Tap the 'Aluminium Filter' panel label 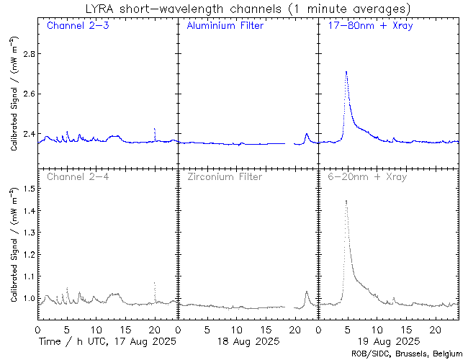pos(225,26)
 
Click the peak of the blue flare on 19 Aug pos(346,72)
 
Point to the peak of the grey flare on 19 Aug pos(346,201)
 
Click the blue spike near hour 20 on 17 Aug pos(155,130)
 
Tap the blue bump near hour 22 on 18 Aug pos(307,134)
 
